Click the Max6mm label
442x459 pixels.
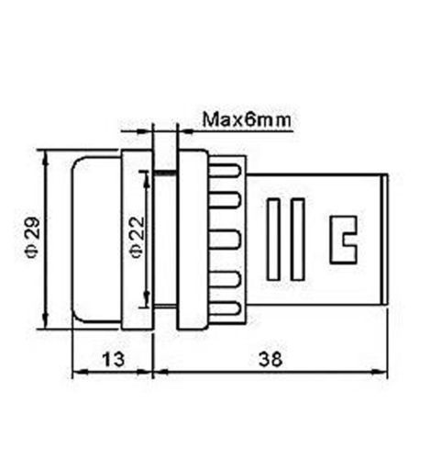click(247, 119)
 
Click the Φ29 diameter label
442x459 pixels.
click(33, 238)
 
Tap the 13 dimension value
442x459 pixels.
click(114, 359)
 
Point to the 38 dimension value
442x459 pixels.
click(271, 359)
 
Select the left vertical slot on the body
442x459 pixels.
click(273, 240)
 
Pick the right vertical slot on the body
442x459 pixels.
click(297, 240)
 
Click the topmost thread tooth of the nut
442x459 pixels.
click(225, 170)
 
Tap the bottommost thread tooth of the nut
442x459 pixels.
click(225, 308)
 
